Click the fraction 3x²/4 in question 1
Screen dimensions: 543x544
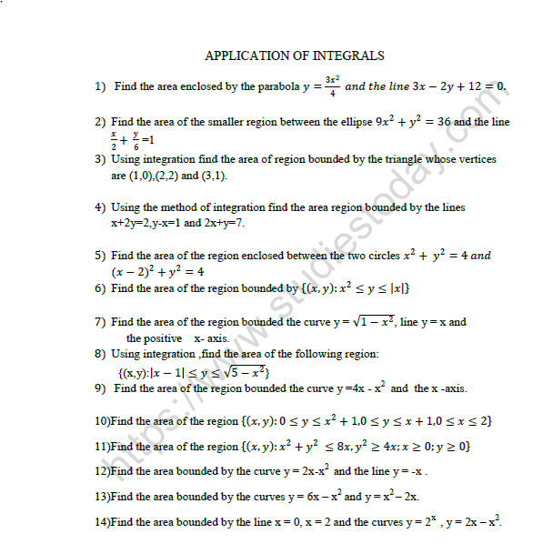coord(334,86)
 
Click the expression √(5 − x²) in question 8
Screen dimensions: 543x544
coord(242,371)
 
